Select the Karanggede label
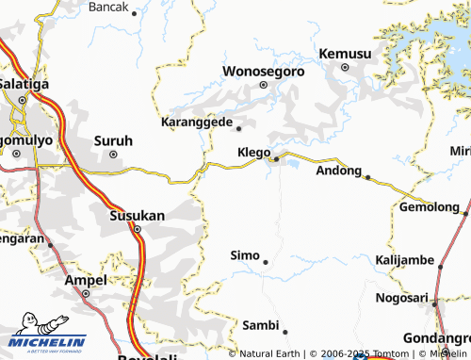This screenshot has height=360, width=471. coord(198,123)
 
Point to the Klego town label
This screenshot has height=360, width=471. coord(253,152)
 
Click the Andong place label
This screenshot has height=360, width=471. coord(338,171)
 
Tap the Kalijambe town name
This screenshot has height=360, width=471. coord(404,259)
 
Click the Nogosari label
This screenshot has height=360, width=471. coord(400,296)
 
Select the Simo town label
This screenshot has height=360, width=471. coord(245,255)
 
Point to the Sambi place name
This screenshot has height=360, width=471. coord(261,325)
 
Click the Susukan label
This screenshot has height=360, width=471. coord(138,215)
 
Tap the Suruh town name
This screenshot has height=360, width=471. coord(113,140)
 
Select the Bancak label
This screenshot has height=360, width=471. coord(107,7)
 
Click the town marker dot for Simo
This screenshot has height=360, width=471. coord(266,262)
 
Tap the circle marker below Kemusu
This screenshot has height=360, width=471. coord(344,68)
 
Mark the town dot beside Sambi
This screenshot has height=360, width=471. coord(284,332)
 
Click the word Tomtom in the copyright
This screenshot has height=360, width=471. coord(392,353)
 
